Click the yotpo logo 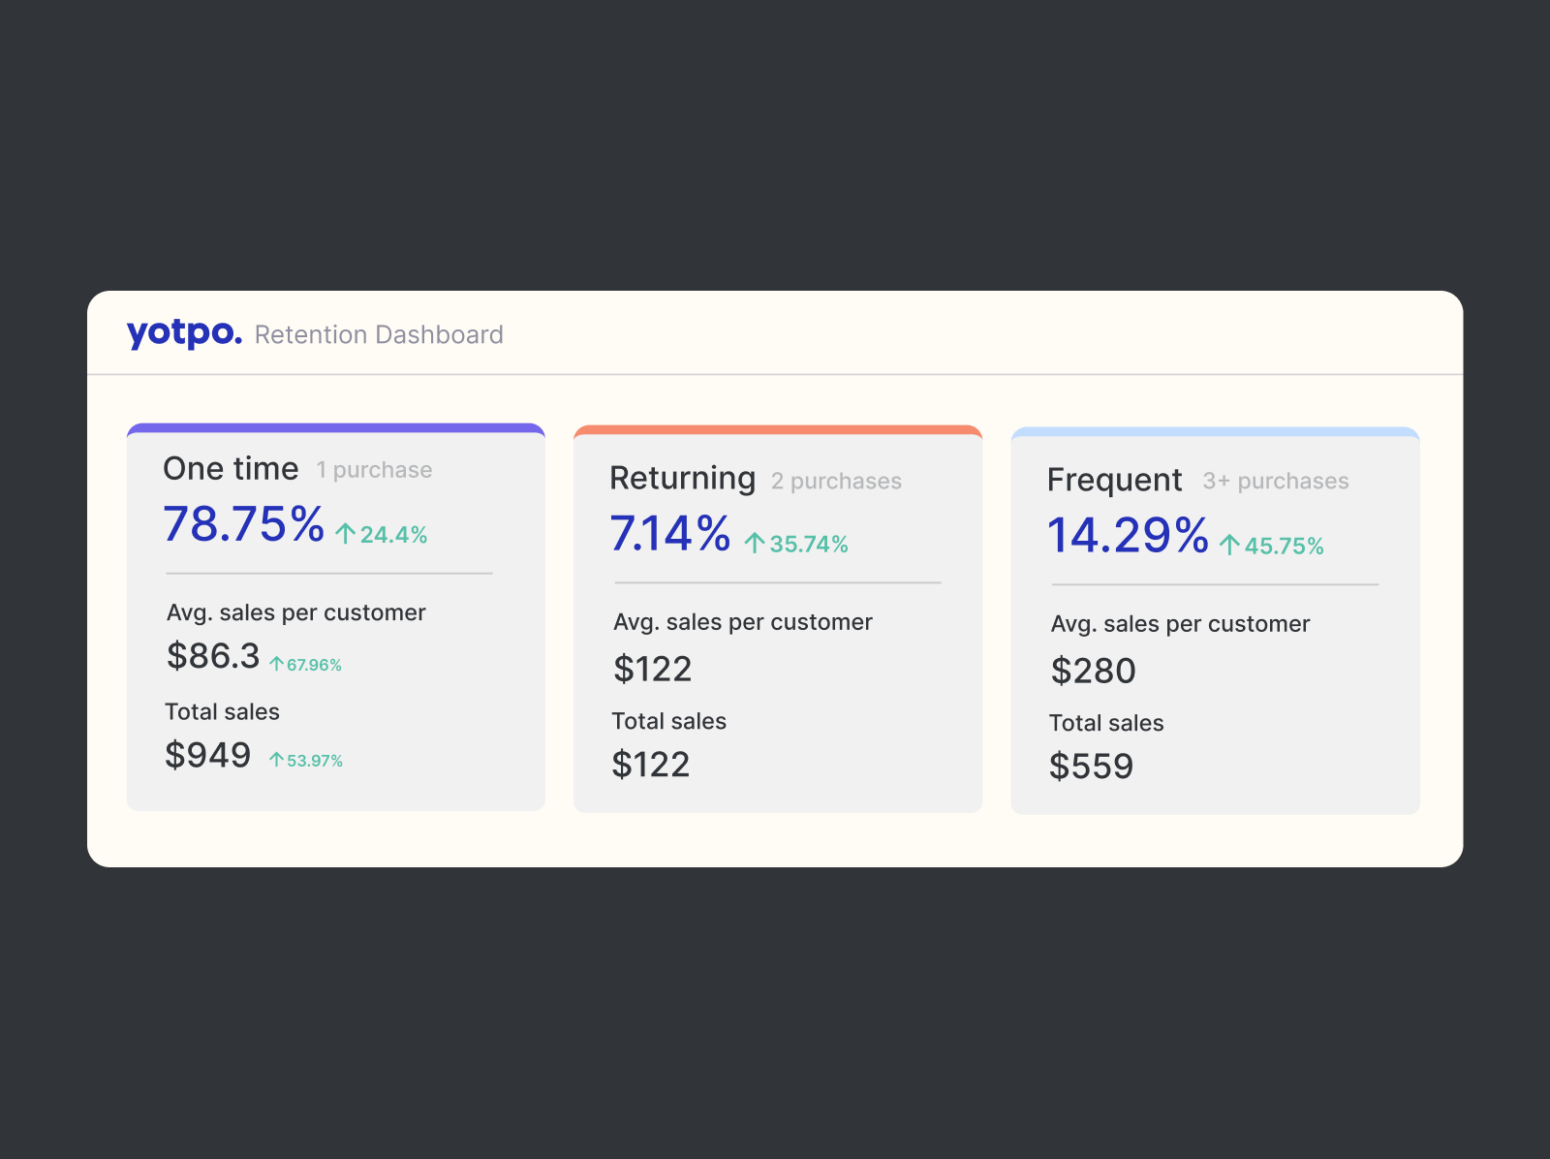[184, 333]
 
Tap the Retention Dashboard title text [379, 335]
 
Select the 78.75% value [243, 524]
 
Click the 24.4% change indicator [382, 535]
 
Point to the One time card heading [231, 469]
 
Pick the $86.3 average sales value [213, 656]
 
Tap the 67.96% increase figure [306, 665]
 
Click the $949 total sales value [208, 755]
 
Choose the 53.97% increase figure [306, 761]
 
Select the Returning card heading [682, 479]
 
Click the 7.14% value [669, 534]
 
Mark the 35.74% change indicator [796, 545]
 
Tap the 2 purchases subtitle [836, 482]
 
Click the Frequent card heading [1114, 481]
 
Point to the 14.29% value [1128, 536]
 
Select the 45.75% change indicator [1272, 547]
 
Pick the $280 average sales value [1093, 671]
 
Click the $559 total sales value [1091, 767]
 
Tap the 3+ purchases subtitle [1275, 482]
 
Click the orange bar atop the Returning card [778, 430]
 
